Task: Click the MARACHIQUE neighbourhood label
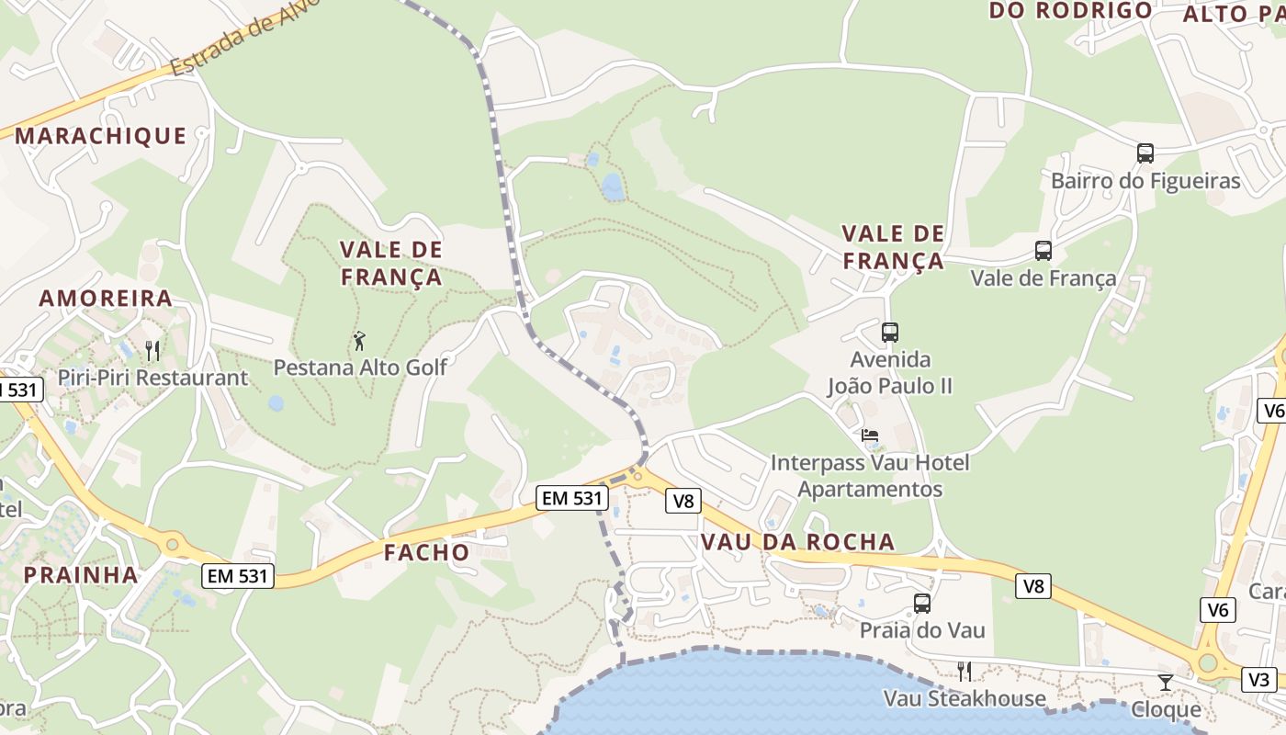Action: pyautogui.click(x=100, y=136)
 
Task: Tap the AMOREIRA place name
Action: pyautogui.click(x=106, y=298)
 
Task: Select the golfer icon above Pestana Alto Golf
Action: pyautogui.click(x=359, y=341)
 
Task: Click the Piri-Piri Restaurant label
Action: pyautogui.click(x=152, y=378)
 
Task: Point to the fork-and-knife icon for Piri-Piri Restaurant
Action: pyautogui.click(x=152, y=350)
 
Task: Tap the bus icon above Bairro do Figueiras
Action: pyautogui.click(x=1145, y=153)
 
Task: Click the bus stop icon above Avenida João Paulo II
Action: pyautogui.click(x=889, y=333)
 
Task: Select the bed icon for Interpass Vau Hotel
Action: pyautogui.click(x=869, y=435)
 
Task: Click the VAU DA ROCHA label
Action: pyautogui.click(x=797, y=542)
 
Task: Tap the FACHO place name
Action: pyautogui.click(x=426, y=552)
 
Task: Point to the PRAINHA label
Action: pyautogui.click(x=81, y=575)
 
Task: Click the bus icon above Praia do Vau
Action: pyautogui.click(x=921, y=604)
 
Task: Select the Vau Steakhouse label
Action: pyautogui.click(x=964, y=699)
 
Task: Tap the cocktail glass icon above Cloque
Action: pyautogui.click(x=1165, y=682)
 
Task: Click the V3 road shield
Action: pyautogui.click(x=1259, y=680)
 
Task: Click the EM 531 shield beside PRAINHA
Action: pyautogui.click(x=238, y=576)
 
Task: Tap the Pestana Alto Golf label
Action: pyautogui.click(x=360, y=367)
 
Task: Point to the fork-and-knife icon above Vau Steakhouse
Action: pyautogui.click(x=964, y=672)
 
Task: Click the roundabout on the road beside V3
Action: pyautogui.click(x=1207, y=663)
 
